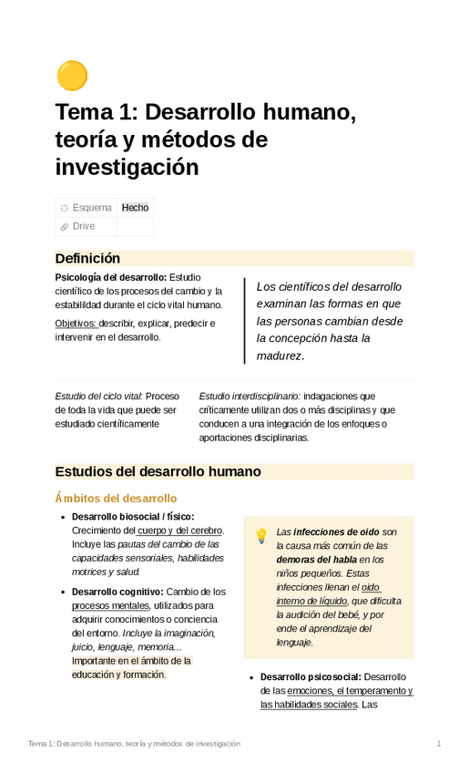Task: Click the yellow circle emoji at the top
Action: click(72, 77)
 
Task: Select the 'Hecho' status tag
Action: click(135, 208)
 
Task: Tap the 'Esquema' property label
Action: click(92, 208)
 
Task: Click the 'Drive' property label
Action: click(84, 226)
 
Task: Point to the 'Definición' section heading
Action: click(87, 258)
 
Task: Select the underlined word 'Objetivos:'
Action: click(76, 324)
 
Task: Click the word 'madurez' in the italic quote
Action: click(279, 356)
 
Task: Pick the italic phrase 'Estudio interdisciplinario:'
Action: click(250, 397)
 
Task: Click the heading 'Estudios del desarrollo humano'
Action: click(158, 471)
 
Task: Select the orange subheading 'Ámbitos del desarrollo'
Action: click(116, 499)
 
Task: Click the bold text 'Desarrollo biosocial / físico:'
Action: click(132, 517)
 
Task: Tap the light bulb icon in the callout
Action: click(261, 535)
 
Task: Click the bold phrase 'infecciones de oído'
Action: click(337, 531)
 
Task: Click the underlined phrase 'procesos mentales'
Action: click(110, 605)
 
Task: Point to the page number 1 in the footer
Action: click(438, 744)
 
